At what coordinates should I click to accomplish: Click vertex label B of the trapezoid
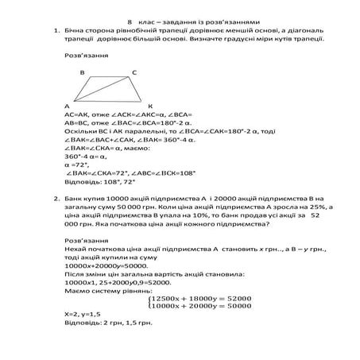point(82,72)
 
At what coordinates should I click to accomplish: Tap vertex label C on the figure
point(134,72)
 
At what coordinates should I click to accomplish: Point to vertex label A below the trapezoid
point(67,106)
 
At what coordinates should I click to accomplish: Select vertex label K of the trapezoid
point(150,106)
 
